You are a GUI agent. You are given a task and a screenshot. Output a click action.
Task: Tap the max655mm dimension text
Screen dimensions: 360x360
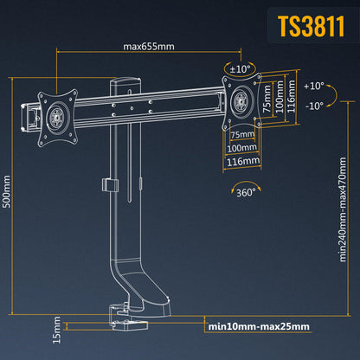[147, 48]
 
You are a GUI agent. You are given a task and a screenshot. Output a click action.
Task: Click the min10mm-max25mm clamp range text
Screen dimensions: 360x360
[258, 327]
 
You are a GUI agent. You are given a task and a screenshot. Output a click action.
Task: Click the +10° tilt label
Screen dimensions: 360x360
[314, 86]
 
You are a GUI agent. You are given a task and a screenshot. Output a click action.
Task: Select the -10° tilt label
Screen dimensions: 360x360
[314, 106]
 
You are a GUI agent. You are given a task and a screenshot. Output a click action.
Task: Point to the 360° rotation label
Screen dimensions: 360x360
[246, 195]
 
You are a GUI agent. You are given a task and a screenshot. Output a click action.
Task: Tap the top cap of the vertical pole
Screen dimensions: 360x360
[122, 81]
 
